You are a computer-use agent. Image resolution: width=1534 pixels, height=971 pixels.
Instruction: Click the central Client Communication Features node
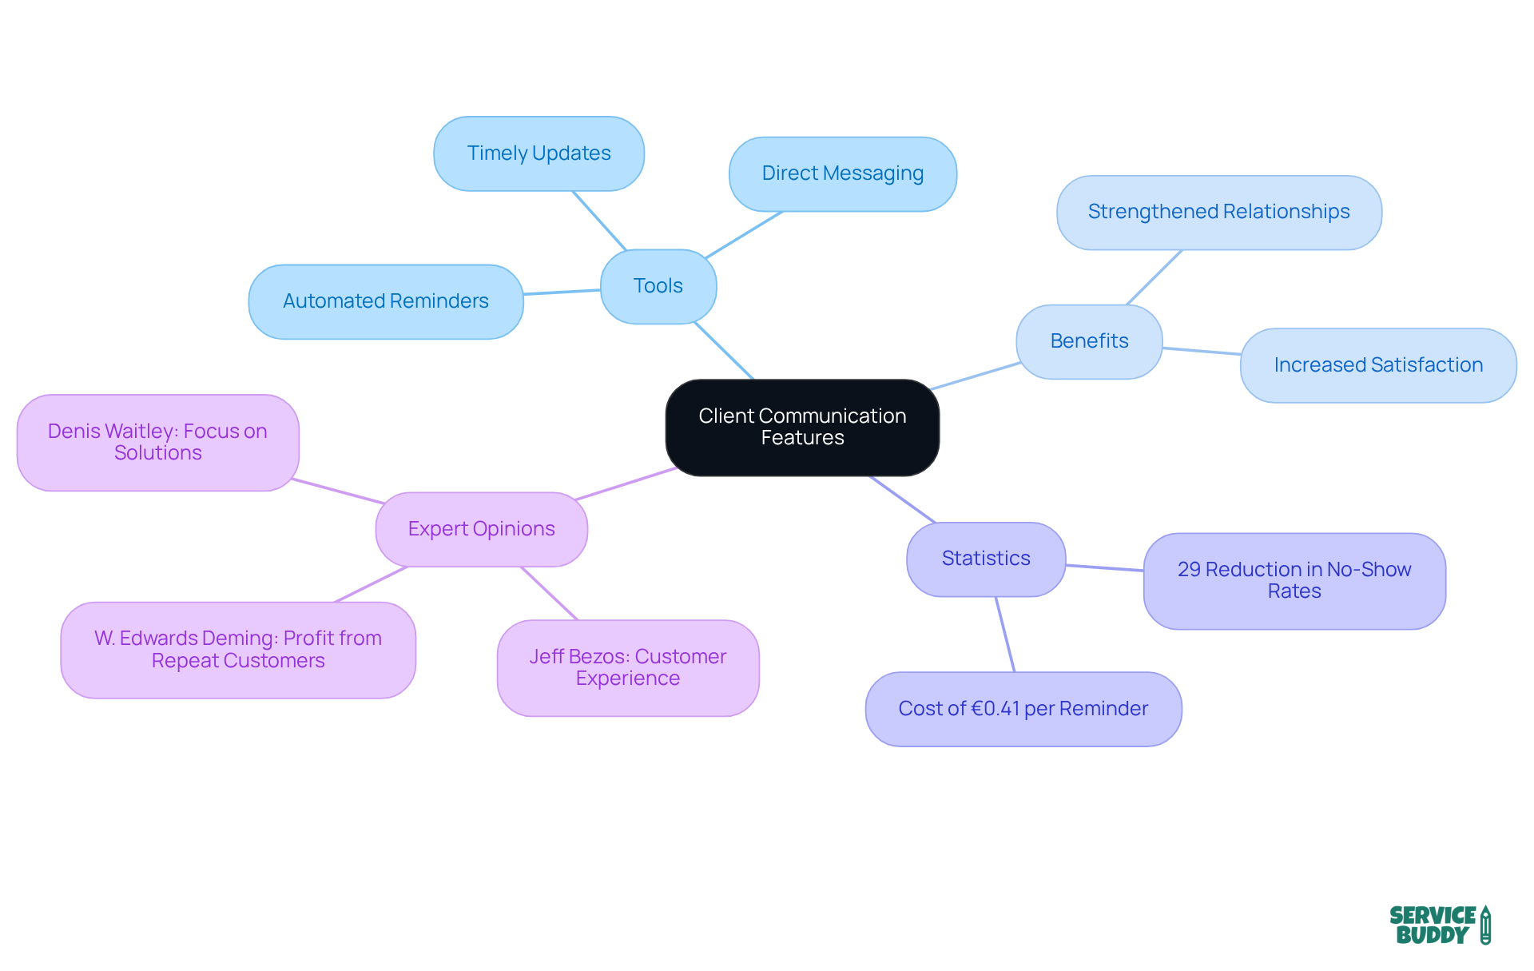click(x=802, y=427)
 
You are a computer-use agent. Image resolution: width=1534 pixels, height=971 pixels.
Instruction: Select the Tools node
click(x=658, y=286)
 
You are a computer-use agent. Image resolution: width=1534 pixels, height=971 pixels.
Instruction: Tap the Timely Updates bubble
click(x=538, y=153)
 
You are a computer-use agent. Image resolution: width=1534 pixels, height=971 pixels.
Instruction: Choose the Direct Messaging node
click(x=842, y=173)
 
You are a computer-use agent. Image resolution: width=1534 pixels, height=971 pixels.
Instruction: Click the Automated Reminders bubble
click(x=385, y=301)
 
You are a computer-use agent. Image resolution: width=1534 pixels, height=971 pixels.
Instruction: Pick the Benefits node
click(x=1088, y=341)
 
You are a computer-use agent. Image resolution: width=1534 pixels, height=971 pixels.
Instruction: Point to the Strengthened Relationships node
click(x=1218, y=212)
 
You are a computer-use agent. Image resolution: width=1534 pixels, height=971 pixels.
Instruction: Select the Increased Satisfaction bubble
click(x=1377, y=365)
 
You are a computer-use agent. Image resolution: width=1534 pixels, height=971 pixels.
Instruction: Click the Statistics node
click(x=985, y=559)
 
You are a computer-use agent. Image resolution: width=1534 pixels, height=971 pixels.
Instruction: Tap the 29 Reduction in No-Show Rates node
click(x=1294, y=580)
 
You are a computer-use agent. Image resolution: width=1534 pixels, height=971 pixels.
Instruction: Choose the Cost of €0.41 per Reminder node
click(x=1023, y=709)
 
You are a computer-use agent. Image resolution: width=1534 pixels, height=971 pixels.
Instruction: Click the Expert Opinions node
click(x=481, y=529)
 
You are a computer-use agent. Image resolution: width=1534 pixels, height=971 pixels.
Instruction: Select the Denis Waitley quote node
click(x=157, y=442)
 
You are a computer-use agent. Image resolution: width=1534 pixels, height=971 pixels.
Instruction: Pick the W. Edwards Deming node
click(x=237, y=650)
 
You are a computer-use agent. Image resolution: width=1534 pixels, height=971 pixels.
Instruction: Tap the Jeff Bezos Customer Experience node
click(x=627, y=667)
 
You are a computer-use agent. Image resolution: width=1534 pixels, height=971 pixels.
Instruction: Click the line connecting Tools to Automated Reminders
click(x=562, y=292)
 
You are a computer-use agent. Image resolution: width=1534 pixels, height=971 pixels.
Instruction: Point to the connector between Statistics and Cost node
click(x=1005, y=635)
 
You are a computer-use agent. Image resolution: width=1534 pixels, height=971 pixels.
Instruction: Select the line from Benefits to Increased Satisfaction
click(x=1202, y=351)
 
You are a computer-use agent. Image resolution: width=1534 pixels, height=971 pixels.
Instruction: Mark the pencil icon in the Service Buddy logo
click(x=1485, y=925)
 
